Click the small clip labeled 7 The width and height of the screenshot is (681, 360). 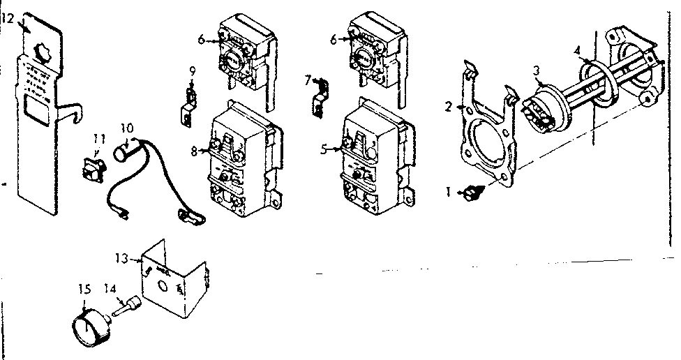click(x=320, y=96)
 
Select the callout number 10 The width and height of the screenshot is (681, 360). click(x=126, y=128)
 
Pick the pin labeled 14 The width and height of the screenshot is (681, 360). click(x=129, y=306)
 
